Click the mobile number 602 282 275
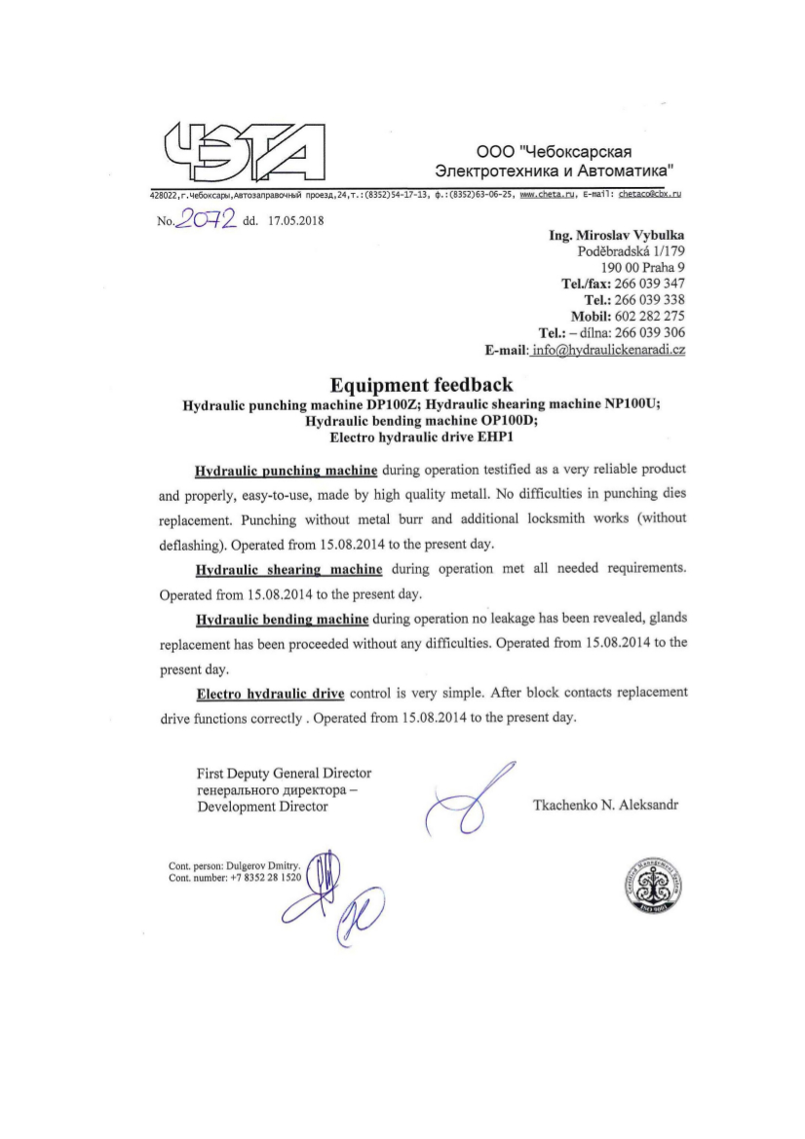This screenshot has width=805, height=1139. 650,316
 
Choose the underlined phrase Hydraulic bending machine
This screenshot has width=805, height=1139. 282,619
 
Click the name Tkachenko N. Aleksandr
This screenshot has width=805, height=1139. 605,806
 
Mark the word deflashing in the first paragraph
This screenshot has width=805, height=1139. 190,544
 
